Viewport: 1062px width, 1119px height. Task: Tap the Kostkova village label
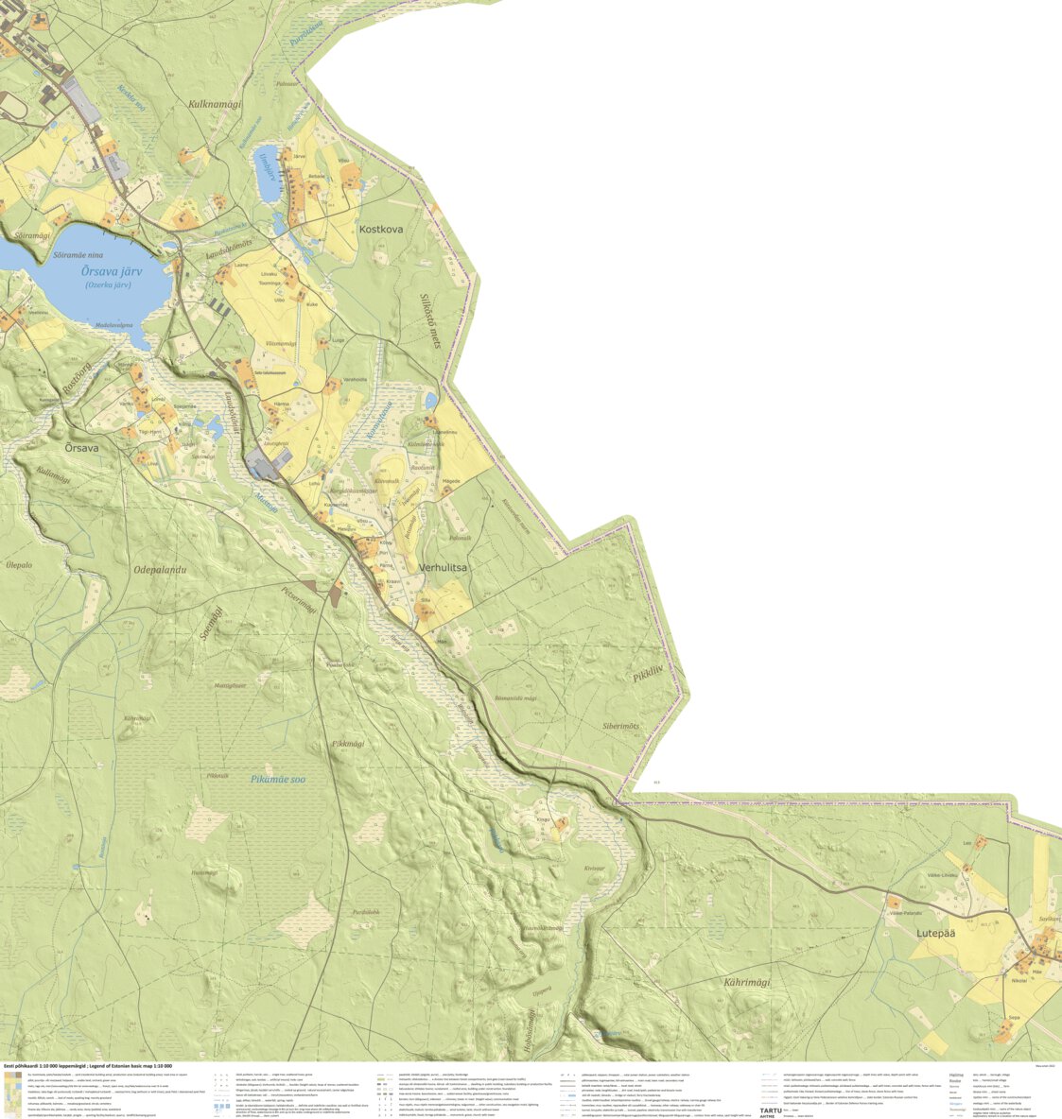point(381,229)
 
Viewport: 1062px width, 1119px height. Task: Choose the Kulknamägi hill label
point(215,104)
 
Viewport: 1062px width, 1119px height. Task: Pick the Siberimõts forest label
point(620,726)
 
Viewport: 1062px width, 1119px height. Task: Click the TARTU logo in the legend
point(771,1110)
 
